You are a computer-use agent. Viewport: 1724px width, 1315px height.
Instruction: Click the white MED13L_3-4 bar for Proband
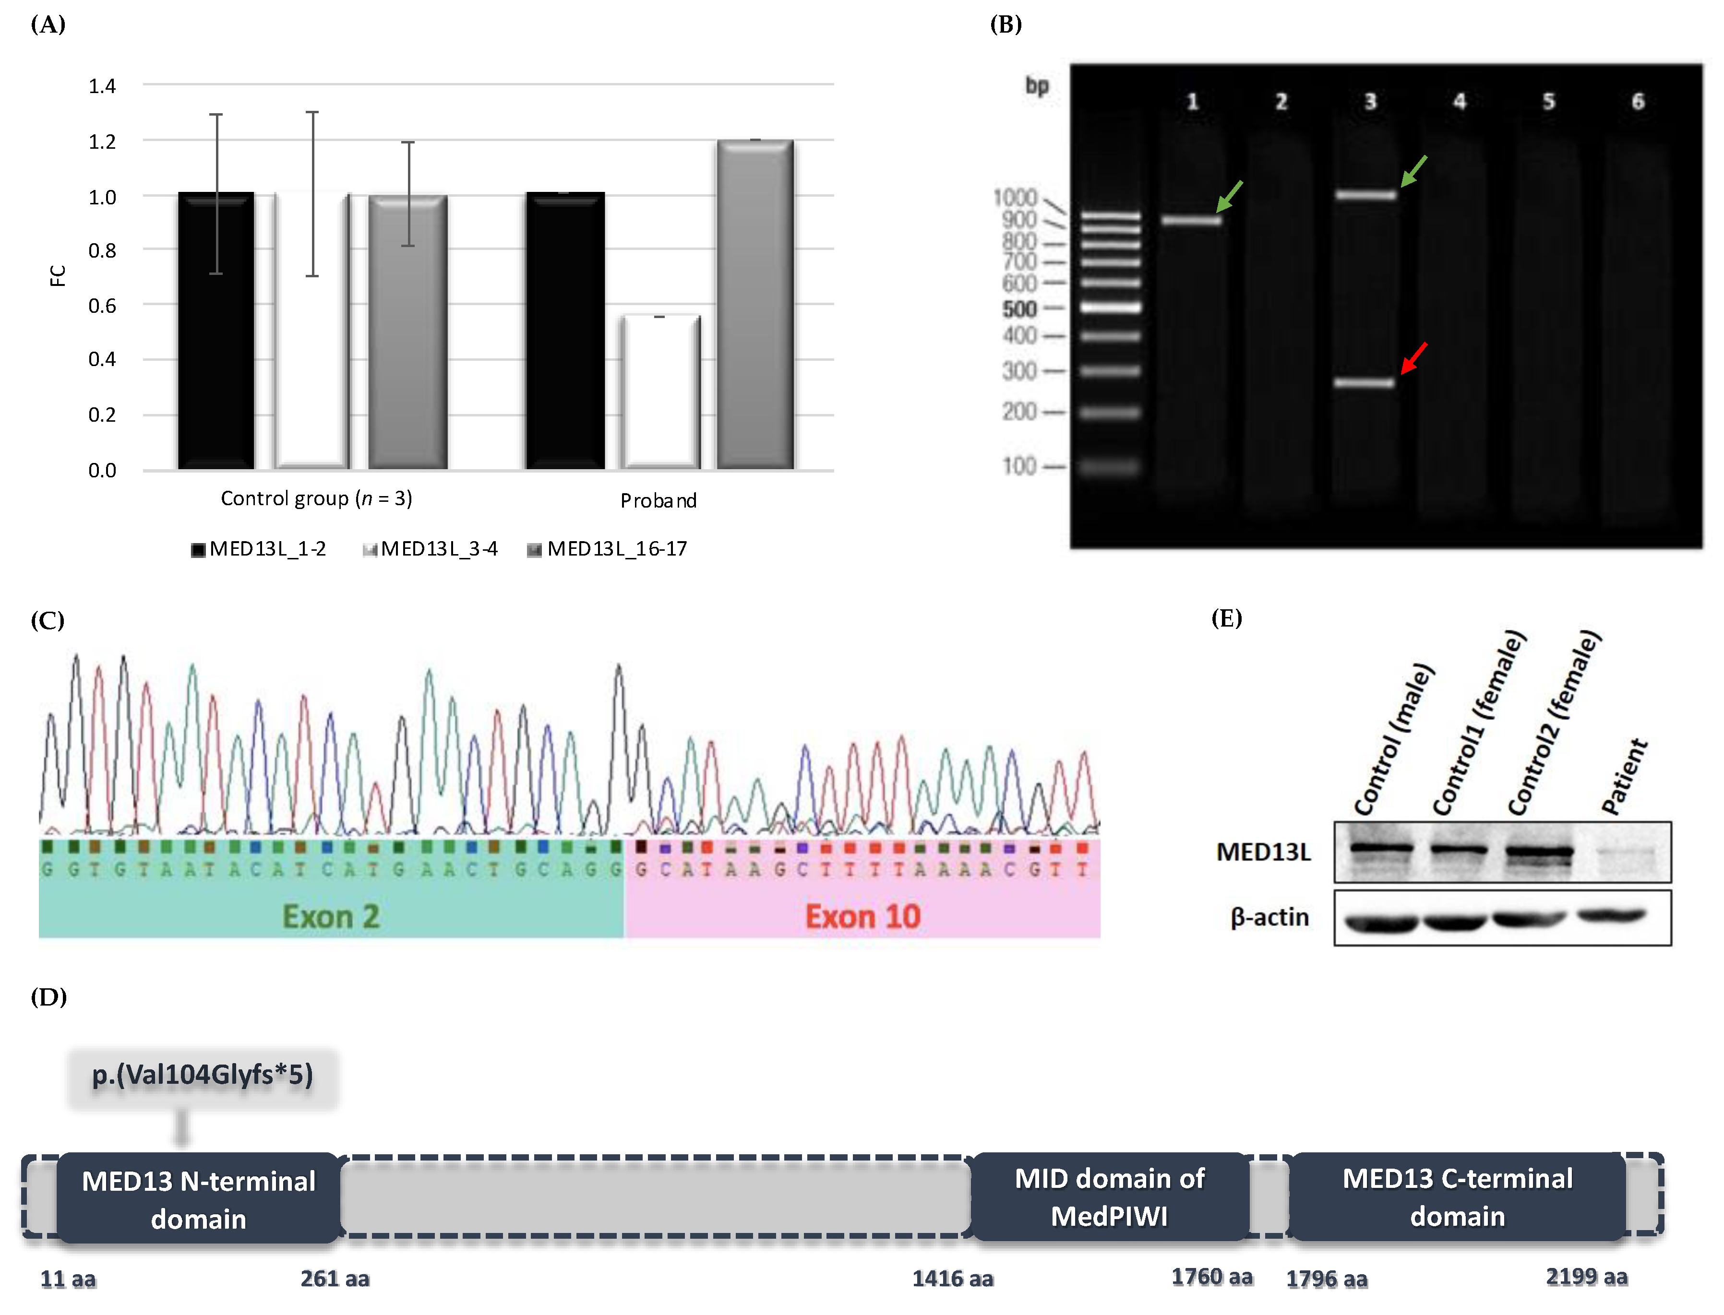(660, 391)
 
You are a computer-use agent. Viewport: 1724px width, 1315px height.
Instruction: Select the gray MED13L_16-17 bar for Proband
(755, 305)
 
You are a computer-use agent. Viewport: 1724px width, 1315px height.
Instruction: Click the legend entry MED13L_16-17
(608, 549)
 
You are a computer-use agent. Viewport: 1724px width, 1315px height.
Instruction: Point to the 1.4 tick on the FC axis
(102, 85)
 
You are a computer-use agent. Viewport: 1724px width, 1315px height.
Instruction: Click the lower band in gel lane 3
(1365, 383)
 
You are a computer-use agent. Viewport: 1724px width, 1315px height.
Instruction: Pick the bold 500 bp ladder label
(1019, 309)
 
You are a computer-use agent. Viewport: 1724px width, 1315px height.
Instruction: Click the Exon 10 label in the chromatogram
(863, 917)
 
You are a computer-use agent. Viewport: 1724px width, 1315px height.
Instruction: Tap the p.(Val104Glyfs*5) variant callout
(202, 1075)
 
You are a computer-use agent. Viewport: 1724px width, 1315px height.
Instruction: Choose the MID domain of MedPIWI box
(1109, 1197)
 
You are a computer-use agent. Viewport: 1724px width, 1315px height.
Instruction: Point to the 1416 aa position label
(952, 1279)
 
